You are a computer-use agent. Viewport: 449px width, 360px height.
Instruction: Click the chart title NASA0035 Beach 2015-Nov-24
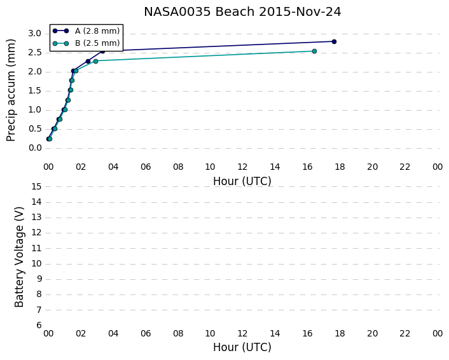pos(242,12)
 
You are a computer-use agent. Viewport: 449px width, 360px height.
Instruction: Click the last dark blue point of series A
pos(334,41)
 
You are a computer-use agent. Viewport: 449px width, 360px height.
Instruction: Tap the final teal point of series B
pos(314,52)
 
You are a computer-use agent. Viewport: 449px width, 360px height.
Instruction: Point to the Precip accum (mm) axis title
pos(11,90)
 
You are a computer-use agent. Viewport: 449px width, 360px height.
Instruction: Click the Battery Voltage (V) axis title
pos(19,257)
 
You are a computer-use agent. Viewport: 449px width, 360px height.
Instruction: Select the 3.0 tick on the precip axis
pos(35,34)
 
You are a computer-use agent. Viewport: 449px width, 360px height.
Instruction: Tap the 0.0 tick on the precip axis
pos(35,148)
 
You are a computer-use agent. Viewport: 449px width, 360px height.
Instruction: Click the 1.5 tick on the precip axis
pos(35,91)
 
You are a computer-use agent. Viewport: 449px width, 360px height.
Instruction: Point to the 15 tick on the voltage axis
pos(37,187)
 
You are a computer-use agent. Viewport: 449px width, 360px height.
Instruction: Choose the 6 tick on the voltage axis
pos(39,325)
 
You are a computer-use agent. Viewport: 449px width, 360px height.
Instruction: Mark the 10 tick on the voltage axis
pos(37,263)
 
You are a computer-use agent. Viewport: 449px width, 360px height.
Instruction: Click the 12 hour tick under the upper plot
pos(242,167)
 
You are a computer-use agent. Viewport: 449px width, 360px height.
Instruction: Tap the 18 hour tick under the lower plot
pos(340,333)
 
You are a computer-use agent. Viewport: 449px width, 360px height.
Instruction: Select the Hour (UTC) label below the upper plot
pos(242,181)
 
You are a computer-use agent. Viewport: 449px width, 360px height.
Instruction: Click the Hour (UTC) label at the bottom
pos(242,347)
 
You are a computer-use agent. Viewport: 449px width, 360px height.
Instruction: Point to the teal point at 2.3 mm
pos(95,61)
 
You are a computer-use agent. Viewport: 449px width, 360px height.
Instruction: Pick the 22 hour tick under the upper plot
pos(405,167)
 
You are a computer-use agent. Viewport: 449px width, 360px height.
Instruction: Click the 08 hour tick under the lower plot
pos(178,333)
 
